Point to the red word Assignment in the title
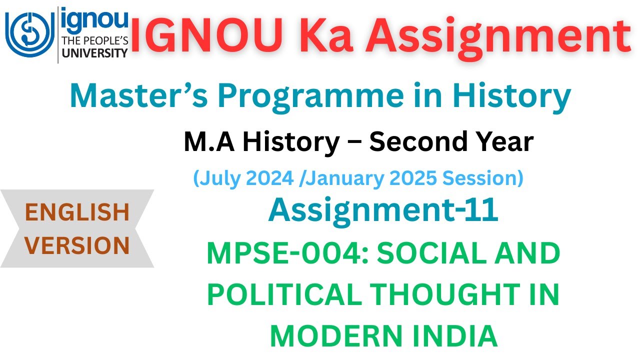[x=496, y=36]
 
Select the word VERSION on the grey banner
[x=77, y=245]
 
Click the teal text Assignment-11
[x=383, y=210]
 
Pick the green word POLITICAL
[x=284, y=295]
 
